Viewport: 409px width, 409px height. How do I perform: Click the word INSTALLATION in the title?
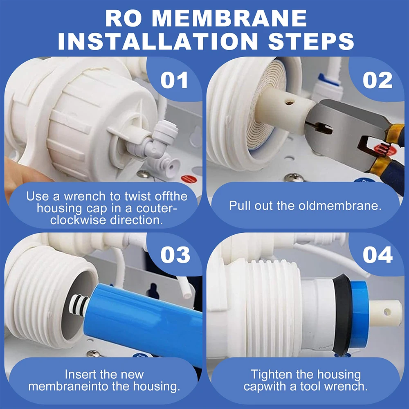coord(157,41)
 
